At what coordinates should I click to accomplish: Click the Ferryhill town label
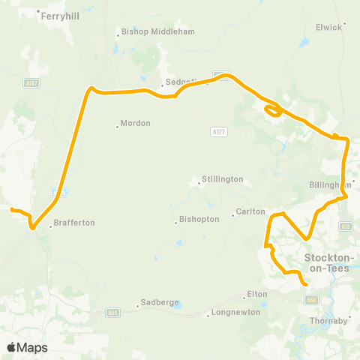[x=61, y=15]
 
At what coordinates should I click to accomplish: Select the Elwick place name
[x=331, y=27]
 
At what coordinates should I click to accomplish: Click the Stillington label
[x=223, y=180]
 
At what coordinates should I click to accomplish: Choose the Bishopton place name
[x=199, y=220]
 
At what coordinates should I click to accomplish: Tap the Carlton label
[x=250, y=212]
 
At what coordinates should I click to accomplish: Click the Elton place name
[x=256, y=294]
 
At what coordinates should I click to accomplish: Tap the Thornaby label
[x=329, y=320]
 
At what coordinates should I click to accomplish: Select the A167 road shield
[x=31, y=83]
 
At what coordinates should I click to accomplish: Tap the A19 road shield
[x=346, y=226]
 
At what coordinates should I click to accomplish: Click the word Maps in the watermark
[x=34, y=347]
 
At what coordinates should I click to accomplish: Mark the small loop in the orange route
[x=273, y=111]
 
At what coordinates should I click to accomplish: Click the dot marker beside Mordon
[x=118, y=126]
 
